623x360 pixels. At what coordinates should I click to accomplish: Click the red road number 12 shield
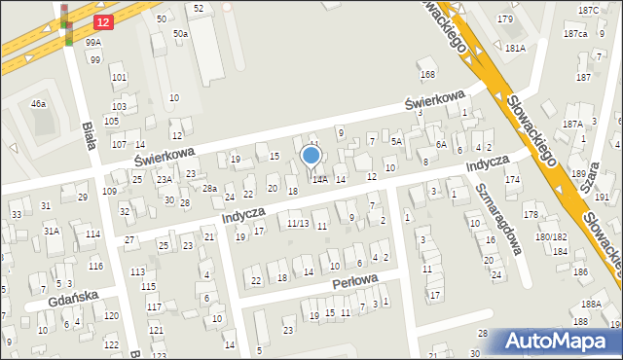pyautogui.click(x=102, y=20)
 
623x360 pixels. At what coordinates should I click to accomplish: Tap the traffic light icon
pyautogui.click(x=66, y=24)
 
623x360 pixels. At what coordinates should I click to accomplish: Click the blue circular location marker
pyautogui.click(x=311, y=156)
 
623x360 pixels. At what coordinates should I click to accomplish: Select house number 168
pyautogui.click(x=426, y=75)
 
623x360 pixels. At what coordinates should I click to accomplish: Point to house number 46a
pyautogui.click(x=38, y=103)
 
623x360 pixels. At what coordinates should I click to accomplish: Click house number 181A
pyautogui.click(x=515, y=47)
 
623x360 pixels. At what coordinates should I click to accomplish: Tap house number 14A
pyautogui.click(x=318, y=179)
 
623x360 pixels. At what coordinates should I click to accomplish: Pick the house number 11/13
pyautogui.click(x=298, y=224)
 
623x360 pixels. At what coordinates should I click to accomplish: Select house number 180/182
pyautogui.click(x=552, y=237)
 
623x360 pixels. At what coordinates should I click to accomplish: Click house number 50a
pyautogui.click(x=180, y=34)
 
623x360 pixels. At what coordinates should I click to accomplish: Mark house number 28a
pyautogui.click(x=208, y=188)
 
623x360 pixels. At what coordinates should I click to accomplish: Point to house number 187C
pyautogui.click(x=588, y=10)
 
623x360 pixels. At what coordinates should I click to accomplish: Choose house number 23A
pyautogui.click(x=165, y=179)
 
